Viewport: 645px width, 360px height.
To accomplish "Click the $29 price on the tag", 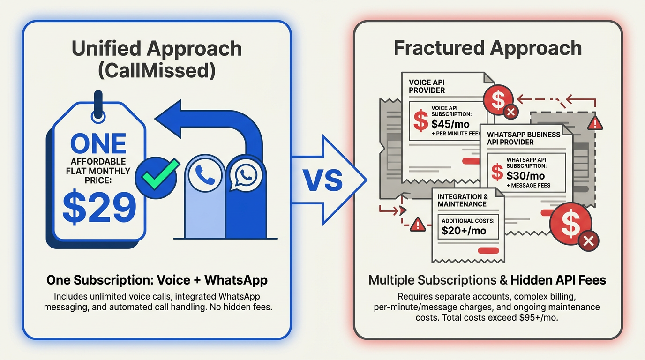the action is click(99, 208).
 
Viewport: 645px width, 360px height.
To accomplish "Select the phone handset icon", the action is click(205, 175).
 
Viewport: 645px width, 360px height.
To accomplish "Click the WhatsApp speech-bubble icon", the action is click(246, 175).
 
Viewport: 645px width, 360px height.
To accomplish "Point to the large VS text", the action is click(322, 180).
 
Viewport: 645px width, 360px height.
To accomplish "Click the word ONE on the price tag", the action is click(98, 143).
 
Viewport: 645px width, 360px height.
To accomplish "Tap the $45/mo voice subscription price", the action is click(450, 124).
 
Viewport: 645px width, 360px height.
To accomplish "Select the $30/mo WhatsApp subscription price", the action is click(525, 176).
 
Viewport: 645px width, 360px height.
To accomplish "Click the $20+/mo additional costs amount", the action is click(464, 231).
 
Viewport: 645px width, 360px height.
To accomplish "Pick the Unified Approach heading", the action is click(157, 48).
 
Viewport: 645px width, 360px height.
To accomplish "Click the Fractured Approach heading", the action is click(488, 48).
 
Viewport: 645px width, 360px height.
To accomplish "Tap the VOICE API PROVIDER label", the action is click(427, 86).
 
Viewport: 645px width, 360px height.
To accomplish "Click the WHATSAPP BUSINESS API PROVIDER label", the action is click(524, 138).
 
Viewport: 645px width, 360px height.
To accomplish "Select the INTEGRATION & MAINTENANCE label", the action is click(463, 201).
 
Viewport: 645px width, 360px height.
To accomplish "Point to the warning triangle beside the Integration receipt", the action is click(418, 225).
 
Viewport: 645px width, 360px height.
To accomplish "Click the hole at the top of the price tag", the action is click(98, 117).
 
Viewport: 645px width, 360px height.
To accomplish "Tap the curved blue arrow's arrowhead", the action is click(168, 119).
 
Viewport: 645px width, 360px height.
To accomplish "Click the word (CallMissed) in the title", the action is click(157, 71).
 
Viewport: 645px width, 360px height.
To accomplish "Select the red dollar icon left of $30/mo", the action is click(497, 172).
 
